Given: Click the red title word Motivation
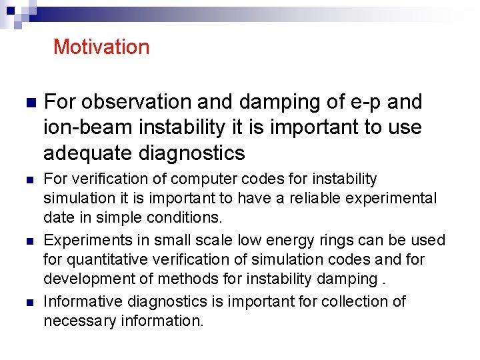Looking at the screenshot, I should coord(101,47).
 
